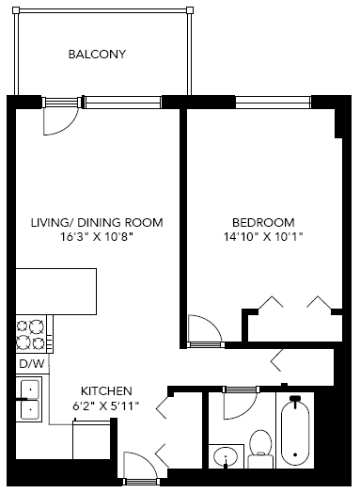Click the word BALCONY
(x=97, y=54)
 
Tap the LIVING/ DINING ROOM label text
(x=97, y=222)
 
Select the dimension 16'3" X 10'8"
(x=97, y=237)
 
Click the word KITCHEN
(x=105, y=390)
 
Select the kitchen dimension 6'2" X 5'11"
(x=105, y=406)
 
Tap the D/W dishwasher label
(x=30, y=363)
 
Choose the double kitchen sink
(x=29, y=397)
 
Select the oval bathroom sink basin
(x=226, y=458)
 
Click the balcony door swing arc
(x=58, y=119)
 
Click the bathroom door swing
(x=240, y=405)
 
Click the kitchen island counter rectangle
(x=56, y=291)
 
